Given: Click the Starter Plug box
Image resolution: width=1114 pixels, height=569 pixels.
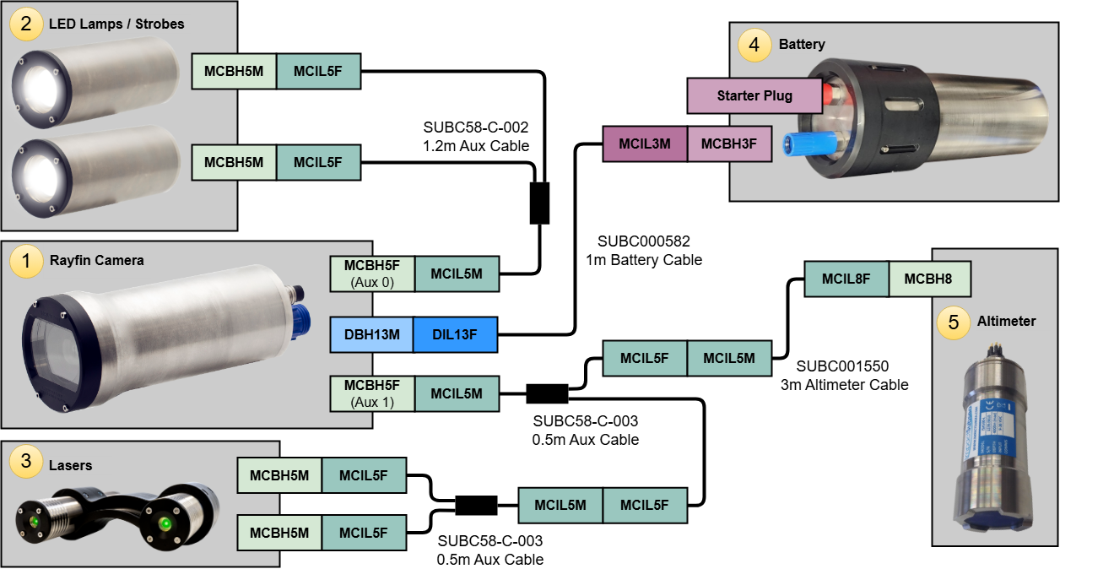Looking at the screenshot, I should point(754,95).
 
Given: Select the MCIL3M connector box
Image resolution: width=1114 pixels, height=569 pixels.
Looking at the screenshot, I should point(645,144).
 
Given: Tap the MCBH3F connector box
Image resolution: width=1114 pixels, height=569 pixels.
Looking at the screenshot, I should point(728,144).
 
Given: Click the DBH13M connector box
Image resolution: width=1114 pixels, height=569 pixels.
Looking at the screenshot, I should point(371,334).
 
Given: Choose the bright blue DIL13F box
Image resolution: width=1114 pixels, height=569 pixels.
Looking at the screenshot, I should point(455,334).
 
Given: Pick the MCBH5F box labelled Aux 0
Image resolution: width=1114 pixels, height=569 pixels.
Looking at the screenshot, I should point(371,274).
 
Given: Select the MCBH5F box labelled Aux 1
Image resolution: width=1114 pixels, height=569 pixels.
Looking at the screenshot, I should point(371,393).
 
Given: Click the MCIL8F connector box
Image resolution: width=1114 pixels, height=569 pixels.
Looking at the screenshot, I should point(846,279).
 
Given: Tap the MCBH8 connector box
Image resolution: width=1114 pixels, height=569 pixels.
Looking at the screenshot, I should point(929,279).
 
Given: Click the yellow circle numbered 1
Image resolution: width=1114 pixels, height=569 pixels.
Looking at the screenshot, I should point(26,262).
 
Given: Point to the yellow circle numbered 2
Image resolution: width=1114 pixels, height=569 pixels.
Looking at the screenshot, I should point(26,24).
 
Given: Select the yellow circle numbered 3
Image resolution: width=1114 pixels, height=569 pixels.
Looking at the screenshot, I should point(26,461).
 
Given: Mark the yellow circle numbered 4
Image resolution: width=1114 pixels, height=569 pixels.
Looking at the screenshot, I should point(754,45).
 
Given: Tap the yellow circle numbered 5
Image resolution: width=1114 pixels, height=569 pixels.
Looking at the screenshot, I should point(954,322).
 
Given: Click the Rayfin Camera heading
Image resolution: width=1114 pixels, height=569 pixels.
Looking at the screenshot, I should point(96,260).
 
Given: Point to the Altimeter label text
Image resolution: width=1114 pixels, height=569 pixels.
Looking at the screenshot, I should point(1006,321).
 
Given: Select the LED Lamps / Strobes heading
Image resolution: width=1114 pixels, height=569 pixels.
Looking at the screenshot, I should point(116,24).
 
